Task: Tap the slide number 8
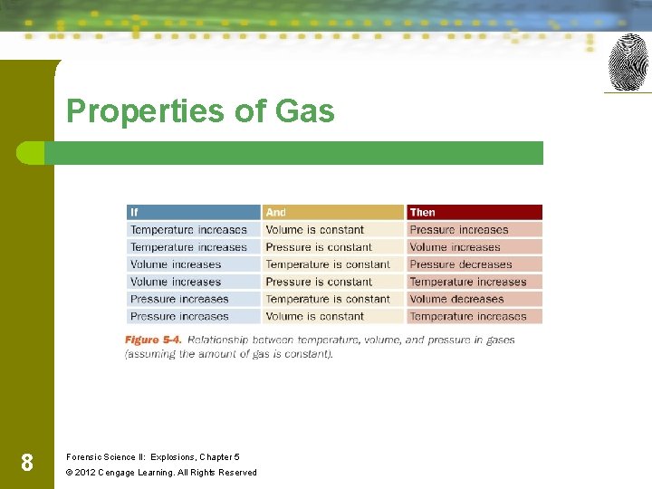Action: click(x=27, y=464)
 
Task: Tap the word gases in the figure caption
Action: click(x=497, y=340)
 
